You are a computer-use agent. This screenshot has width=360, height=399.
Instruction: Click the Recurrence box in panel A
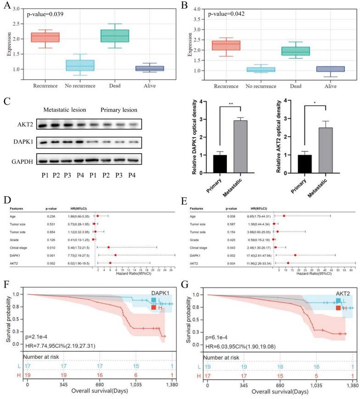click(45, 37)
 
